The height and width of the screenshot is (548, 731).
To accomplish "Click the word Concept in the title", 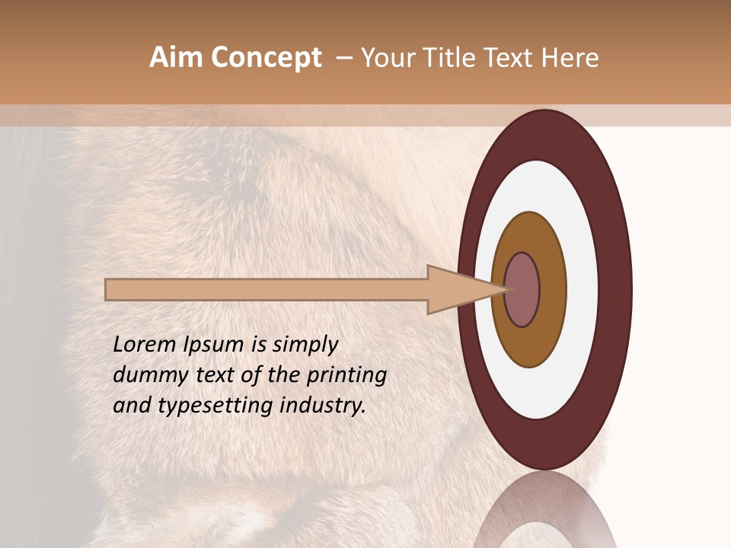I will (x=266, y=58).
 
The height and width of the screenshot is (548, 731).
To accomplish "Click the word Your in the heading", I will (x=388, y=58).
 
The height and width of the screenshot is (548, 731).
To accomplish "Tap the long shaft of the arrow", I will (x=267, y=289).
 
